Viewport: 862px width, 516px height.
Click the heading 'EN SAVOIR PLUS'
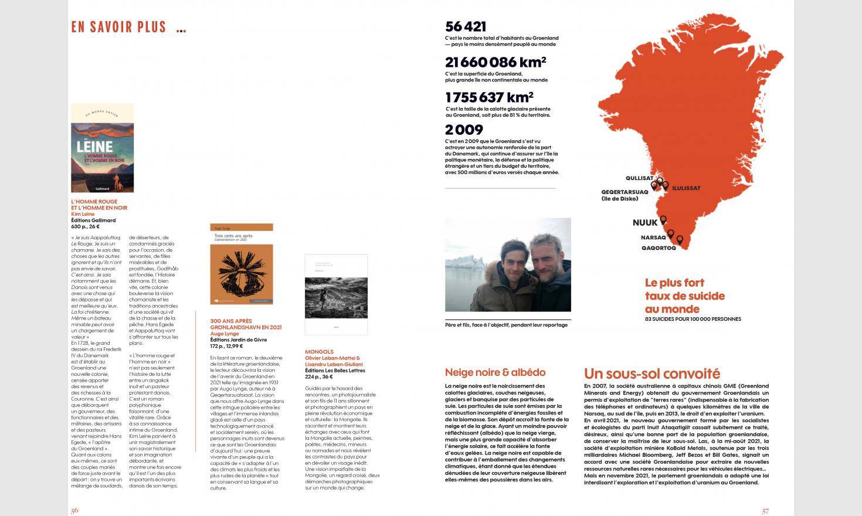click(118, 27)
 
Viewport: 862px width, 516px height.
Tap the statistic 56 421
click(466, 26)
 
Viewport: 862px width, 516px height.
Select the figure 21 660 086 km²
click(496, 62)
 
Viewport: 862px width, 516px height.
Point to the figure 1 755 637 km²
click(489, 97)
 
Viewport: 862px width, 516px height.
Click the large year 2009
click(464, 130)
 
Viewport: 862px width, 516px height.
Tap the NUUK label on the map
click(645, 223)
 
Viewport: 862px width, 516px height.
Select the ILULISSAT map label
click(686, 188)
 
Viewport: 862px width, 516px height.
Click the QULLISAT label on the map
click(639, 178)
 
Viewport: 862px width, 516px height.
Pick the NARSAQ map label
click(653, 237)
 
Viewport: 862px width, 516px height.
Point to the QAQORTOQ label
click(659, 248)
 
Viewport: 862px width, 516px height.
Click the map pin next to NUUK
click(663, 220)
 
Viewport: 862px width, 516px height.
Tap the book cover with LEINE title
click(102, 148)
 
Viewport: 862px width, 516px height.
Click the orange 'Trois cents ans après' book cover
click(242, 268)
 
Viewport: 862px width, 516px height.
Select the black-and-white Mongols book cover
click(328, 294)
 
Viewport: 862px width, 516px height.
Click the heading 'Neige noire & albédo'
click(495, 372)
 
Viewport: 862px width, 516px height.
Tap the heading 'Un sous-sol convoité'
click(652, 374)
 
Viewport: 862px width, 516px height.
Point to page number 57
click(765, 511)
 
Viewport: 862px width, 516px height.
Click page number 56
click(74, 511)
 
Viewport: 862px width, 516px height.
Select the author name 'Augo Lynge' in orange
click(224, 334)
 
